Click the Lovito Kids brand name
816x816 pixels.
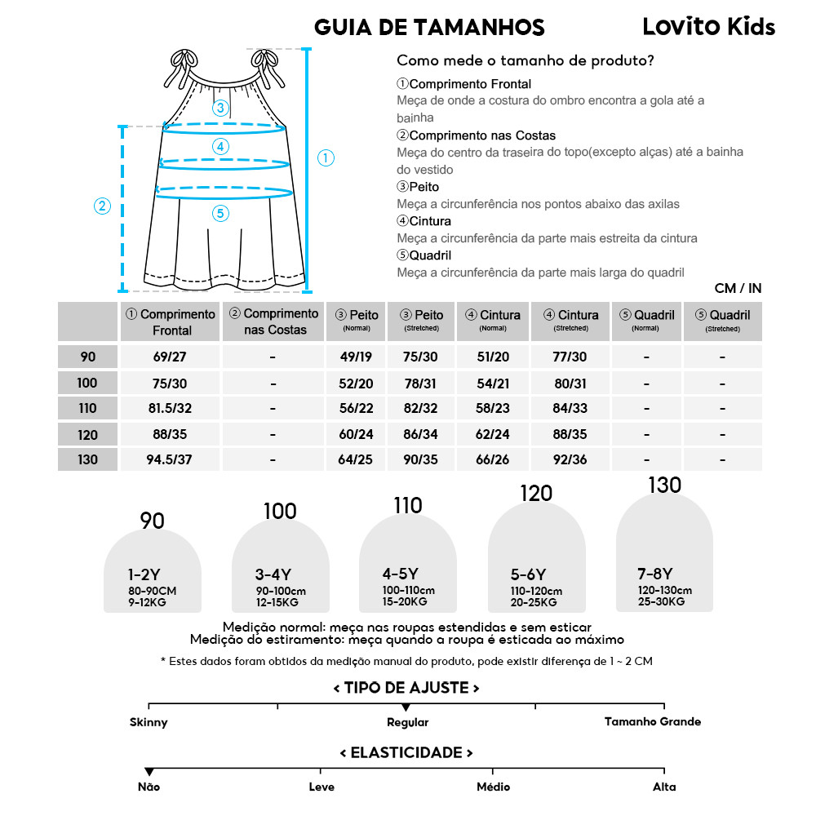[708, 27]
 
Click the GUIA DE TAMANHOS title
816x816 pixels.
[429, 28]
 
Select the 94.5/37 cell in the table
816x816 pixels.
[170, 459]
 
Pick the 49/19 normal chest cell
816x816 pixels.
[355, 357]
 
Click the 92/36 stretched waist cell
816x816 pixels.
[570, 459]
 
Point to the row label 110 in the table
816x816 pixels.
[87, 408]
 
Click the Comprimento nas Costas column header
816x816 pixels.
[273, 322]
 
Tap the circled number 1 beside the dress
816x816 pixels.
[326, 157]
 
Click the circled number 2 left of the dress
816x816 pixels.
[102, 206]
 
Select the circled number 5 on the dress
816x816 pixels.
[220, 213]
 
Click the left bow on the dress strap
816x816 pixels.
[185, 62]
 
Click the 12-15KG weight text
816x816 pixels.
[277, 602]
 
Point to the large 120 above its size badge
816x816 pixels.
[536, 493]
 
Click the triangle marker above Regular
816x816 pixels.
[406, 707]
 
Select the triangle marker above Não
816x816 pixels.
[149, 771]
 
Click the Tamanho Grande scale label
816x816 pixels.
[652, 721]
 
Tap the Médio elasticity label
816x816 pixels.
[493, 787]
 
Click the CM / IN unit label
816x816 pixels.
[738, 288]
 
